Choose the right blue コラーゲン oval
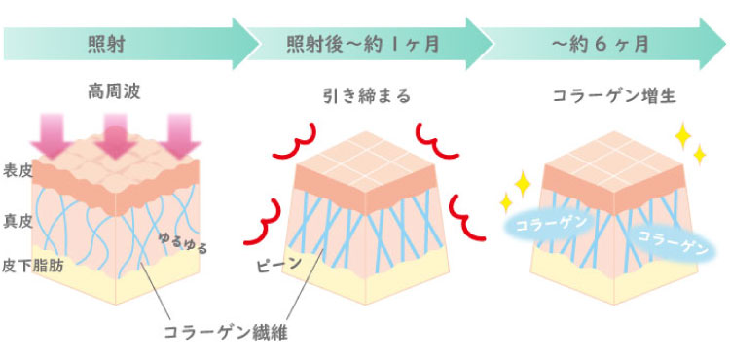coord(671,242)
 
